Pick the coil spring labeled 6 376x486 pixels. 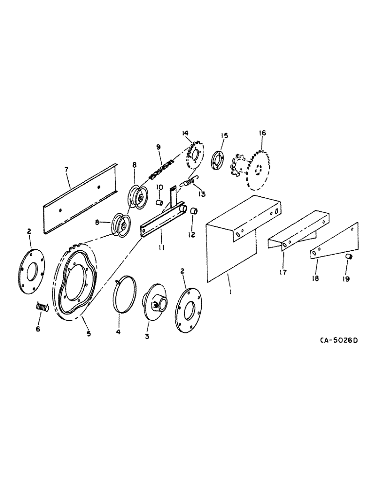tap(42, 307)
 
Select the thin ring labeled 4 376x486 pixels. tap(125, 294)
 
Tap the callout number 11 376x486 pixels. tap(161, 247)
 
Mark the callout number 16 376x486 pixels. tap(262, 133)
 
